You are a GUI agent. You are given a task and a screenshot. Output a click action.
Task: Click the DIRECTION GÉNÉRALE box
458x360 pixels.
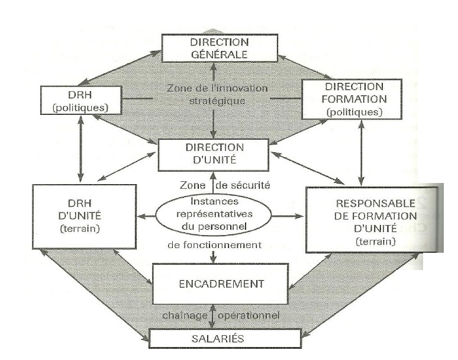pos(212,48)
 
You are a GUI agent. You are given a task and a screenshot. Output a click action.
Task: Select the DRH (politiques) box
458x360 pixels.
pos(81,100)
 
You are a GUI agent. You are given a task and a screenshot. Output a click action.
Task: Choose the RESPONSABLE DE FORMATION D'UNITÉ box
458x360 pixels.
pos(372,220)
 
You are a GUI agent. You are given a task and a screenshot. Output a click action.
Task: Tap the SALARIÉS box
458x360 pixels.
pos(213,340)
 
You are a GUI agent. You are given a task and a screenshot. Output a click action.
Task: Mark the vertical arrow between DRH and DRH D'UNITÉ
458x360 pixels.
pos(81,150)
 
